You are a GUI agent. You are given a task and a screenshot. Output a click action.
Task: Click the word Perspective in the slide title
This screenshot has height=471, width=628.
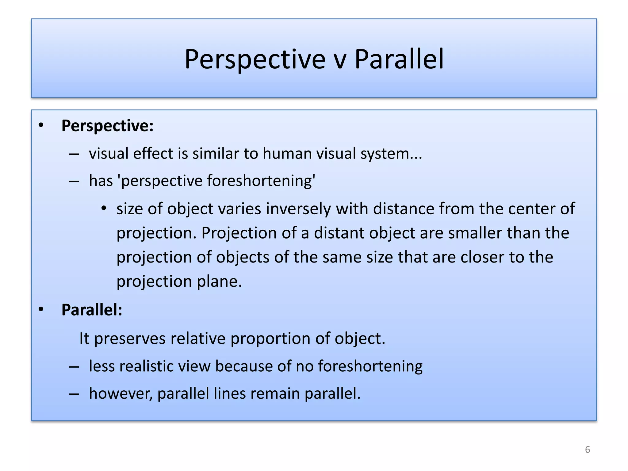pos(255,59)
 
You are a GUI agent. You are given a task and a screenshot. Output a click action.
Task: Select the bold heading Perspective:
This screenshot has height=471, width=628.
pos(107,126)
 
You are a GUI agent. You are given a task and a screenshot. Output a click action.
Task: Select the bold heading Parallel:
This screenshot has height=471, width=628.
pos(92,310)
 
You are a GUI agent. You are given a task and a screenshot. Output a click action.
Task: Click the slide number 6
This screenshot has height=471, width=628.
pos(587,450)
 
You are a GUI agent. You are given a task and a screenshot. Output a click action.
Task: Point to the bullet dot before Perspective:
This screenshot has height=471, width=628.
pos(41,125)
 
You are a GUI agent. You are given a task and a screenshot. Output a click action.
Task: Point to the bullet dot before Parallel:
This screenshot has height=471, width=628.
pos(41,309)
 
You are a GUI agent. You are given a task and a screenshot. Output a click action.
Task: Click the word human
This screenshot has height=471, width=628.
pos(287,153)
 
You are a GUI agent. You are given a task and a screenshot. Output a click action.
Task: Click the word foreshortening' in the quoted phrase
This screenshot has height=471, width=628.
pos(261,181)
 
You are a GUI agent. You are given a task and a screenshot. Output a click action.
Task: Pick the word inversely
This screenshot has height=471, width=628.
pos(298,209)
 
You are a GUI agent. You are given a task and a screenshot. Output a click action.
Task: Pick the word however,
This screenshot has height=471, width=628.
pos(121,393)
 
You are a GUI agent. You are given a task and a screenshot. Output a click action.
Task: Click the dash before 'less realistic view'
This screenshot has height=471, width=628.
pos(74,366)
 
